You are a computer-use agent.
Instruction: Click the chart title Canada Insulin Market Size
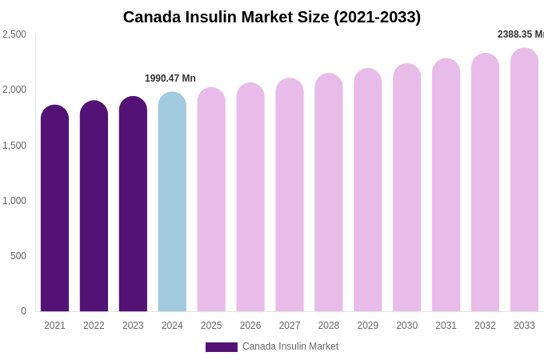[x=272, y=17]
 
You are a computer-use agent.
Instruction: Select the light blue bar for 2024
[x=172, y=204]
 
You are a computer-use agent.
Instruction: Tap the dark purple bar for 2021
[x=54, y=210]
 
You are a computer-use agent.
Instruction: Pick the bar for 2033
[x=524, y=181]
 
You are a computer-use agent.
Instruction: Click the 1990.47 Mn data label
[x=170, y=78]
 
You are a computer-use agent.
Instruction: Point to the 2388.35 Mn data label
[x=520, y=34]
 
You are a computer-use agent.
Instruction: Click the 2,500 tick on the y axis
[x=14, y=34]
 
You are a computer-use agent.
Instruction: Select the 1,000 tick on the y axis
[x=14, y=201]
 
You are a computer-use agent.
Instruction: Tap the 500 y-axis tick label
[x=18, y=256]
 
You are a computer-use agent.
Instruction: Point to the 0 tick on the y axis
[x=23, y=311]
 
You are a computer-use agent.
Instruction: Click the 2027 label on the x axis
[x=290, y=326]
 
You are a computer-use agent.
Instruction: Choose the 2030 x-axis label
[x=406, y=326]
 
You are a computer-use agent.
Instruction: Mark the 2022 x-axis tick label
[x=94, y=326]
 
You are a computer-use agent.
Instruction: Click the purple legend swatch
[x=222, y=347]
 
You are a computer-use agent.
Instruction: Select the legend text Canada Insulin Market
[x=290, y=346]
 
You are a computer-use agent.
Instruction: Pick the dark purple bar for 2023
[x=133, y=205]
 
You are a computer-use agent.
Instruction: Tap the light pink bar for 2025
[x=211, y=200]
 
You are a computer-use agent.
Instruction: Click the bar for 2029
[x=368, y=191]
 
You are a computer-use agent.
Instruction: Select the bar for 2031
[x=446, y=186]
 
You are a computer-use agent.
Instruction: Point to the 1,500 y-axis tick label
[x=14, y=146]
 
